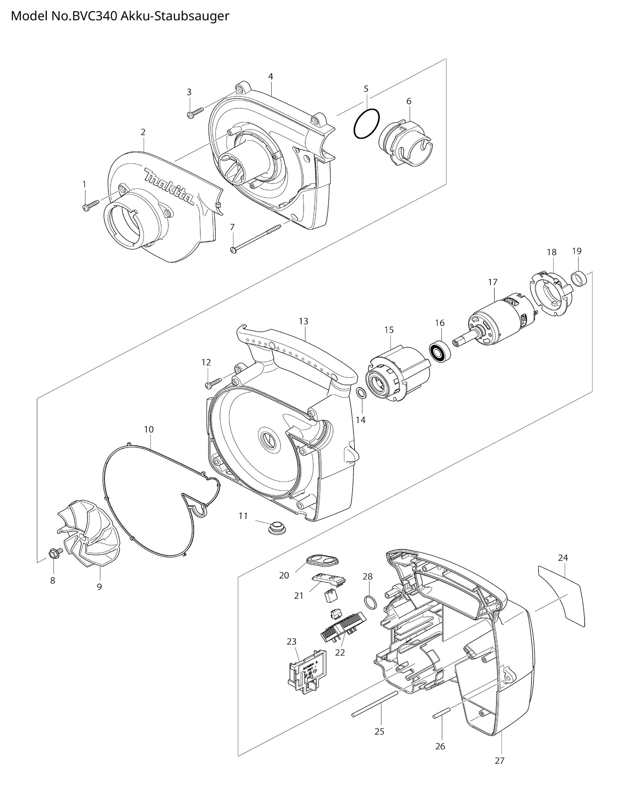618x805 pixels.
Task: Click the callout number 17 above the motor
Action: coord(493,282)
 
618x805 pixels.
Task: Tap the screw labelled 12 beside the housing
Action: coord(213,382)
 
